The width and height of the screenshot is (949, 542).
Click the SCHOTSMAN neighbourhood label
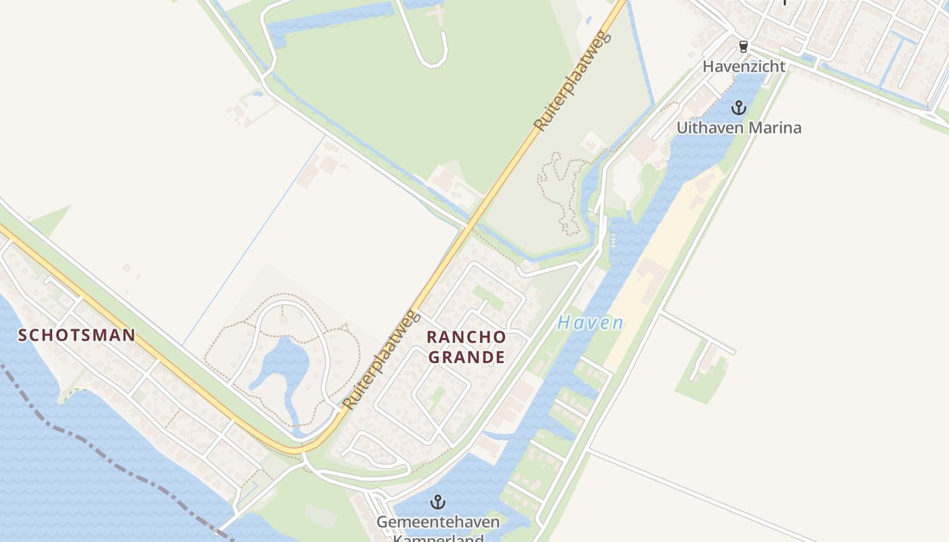point(77,335)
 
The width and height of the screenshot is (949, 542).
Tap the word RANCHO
point(466,337)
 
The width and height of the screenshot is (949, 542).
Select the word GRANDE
point(466,357)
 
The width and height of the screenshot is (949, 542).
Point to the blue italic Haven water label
point(590,323)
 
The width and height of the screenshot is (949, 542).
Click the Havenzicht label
point(744,66)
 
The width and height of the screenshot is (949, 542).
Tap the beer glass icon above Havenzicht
point(744,47)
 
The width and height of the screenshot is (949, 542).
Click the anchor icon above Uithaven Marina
point(738,108)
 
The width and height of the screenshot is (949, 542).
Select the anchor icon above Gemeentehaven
point(439,502)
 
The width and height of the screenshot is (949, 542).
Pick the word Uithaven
point(708,127)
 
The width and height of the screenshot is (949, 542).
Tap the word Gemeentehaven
point(439,522)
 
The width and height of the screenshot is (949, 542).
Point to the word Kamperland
point(439,539)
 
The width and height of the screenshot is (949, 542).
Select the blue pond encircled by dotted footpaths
point(281,366)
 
